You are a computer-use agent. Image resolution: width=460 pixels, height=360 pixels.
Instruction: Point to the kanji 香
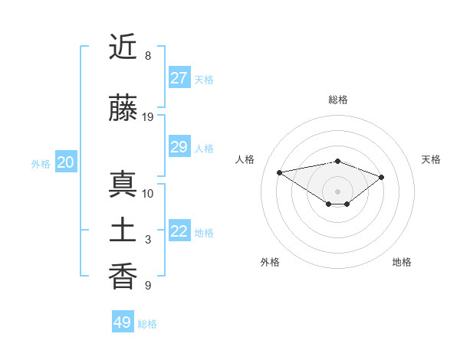[123, 277]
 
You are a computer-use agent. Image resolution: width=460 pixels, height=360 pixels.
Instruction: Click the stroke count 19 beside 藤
[148, 116]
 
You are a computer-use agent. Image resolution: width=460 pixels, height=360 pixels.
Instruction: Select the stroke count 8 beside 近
[148, 56]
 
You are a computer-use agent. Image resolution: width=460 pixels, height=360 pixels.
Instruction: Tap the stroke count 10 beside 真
[148, 193]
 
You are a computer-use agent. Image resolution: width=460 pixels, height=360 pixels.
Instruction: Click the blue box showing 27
[179, 78]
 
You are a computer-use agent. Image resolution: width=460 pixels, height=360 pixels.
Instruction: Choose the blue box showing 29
[179, 147]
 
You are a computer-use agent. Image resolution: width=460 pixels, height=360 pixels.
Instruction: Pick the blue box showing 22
[179, 231]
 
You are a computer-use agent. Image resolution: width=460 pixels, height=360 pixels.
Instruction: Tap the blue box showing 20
[65, 162]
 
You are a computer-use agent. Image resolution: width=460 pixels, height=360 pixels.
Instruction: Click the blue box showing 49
[122, 322]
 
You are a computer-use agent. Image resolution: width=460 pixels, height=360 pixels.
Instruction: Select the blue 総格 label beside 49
[147, 324]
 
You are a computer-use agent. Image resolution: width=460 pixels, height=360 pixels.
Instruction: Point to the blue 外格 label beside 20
[41, 163]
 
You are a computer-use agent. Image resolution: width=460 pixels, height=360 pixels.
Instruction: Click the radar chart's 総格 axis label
[337, 100]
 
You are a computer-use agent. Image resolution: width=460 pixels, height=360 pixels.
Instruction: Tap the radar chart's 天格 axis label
[431, 159]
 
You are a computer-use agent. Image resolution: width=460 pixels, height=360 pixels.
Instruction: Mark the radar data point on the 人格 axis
[279, 172]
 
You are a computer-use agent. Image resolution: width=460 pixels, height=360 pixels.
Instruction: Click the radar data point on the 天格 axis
[382, 177]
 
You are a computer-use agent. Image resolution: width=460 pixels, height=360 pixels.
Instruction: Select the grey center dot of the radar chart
[337, 191]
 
